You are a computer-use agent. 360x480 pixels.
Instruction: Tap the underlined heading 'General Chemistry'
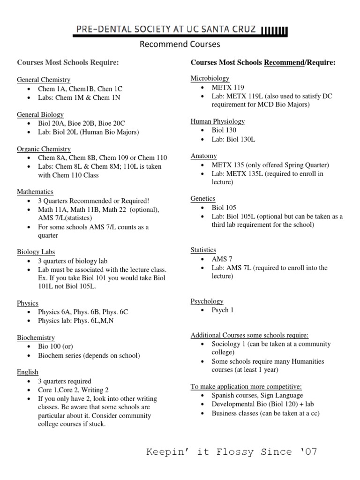pyautogui.click(x=44, y=80)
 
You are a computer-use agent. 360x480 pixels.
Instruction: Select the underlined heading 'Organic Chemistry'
pyautogui.click(x=44, y=149)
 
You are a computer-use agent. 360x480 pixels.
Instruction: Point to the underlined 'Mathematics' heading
pyautogui.click(x=35, y=192)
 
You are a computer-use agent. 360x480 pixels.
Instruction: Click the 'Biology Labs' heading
pyautogui.click(x=36, y=252)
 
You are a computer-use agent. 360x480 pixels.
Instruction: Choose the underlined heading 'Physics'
pyautogui.click(x=28, y=303)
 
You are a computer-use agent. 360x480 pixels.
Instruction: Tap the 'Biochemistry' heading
pyautogui.click(x=36, y=337)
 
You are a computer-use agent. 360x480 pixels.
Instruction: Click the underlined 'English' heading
pyautogui.click(x=28, y=372)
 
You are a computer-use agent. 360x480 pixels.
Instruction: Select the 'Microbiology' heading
pyautogui.click(x=210, y=78)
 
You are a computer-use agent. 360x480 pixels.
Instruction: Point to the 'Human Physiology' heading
pyautogui.click(x=217, y=121)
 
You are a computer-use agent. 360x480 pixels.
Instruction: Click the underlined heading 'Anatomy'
pyautogui.click(x=203, y=156)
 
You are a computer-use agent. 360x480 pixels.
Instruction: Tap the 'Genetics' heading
pyautogui.click(x=202, y=199)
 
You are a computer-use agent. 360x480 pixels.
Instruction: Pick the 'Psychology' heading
pyautogui.click(x=207, y=301)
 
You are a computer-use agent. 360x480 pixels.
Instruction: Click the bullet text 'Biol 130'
pyautogui.click(x=224, y=130)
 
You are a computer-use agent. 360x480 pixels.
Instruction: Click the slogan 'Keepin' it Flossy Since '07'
pyautogui.click(x=232, y=452)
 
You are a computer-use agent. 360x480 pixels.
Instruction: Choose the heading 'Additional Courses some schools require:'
pyautogui.click(x=249, y=335)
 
